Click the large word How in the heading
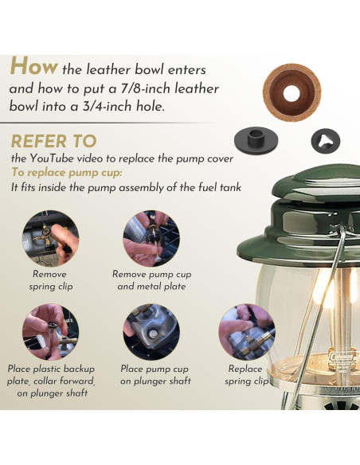pos(33,66)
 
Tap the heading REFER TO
pos(53,141)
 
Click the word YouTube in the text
pos(51,158)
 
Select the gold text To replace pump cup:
pos(66,173)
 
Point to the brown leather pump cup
pos(292,93)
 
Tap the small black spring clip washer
pos(325,141)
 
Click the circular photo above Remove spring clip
pos(51,238)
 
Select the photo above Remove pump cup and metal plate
pos(151,238)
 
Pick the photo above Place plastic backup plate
pos(51,332)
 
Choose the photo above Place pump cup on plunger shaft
pos(151,332)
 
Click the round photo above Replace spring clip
pos(247,332)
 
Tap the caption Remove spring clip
pos(50,280)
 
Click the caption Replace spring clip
pos(246,375)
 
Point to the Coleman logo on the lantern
pos(344,357)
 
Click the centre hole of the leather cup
pos(292,93)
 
